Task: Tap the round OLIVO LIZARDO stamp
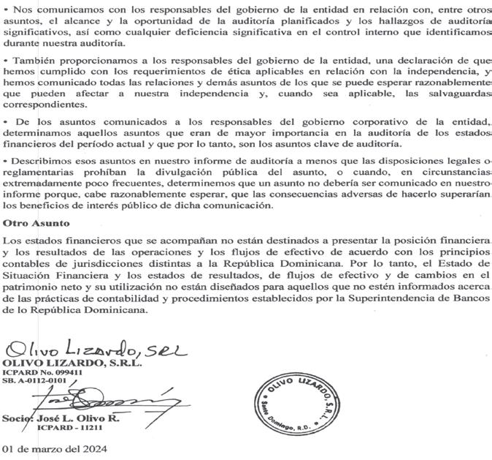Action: point(293,403)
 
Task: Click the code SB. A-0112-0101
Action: point(34,380)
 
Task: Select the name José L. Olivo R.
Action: point(85,418)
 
